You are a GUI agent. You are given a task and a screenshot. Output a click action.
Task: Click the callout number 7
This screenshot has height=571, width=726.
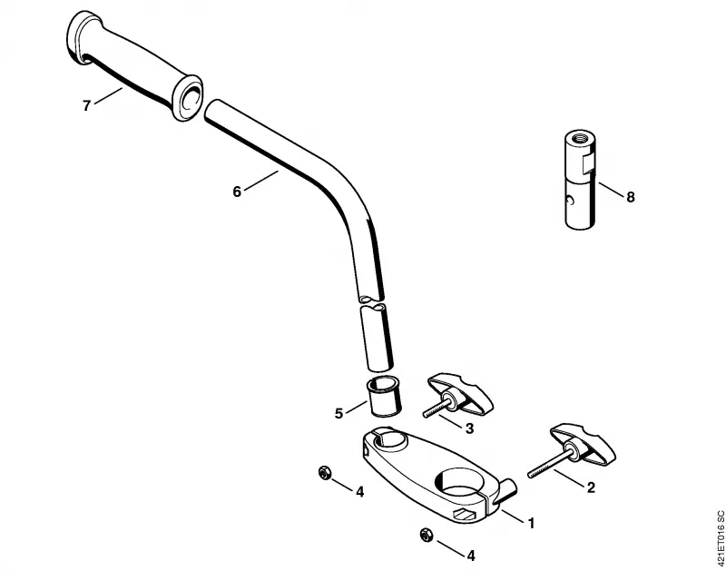86,106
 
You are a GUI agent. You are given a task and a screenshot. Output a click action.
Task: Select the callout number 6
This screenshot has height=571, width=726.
237,192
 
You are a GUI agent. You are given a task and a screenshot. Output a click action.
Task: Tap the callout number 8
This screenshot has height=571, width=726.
630,197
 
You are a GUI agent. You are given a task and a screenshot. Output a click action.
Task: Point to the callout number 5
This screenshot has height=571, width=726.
338,413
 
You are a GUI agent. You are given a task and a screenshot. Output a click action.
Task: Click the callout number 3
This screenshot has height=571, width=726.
469,428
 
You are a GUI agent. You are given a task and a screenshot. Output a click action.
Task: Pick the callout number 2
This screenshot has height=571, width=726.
591,487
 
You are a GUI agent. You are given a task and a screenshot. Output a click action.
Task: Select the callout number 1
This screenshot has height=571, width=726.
532,523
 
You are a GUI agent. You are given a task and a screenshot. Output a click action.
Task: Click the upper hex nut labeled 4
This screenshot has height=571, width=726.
324,473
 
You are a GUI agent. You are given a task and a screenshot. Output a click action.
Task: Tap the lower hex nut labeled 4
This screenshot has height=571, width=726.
426,535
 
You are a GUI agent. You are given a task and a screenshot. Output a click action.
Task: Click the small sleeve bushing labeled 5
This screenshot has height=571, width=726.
384,397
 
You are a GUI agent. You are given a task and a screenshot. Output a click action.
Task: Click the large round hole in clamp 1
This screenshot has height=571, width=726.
459,483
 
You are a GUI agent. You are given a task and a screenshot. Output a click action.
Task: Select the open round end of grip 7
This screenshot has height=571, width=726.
189,97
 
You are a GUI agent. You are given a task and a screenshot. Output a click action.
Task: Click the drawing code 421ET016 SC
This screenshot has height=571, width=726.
720,537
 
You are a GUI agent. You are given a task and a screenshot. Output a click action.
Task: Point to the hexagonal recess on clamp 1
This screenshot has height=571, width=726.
465,514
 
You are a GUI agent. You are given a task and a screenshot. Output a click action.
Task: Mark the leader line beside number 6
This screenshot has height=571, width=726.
261,181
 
